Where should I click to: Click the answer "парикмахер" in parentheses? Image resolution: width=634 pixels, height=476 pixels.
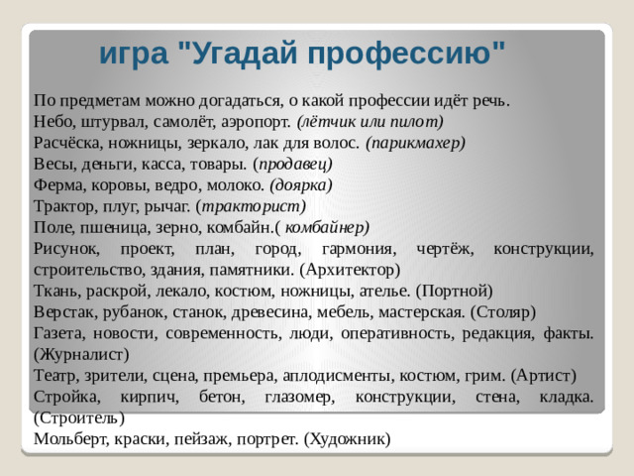(x=416, y=143)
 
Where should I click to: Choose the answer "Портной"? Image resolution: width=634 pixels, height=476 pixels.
(x=453, y=290)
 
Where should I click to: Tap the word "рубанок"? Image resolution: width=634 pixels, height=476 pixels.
(x=130, y=310)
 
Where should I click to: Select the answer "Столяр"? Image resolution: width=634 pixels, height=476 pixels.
(x=500, y=310)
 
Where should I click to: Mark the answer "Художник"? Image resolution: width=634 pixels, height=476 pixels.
(x=348, y=437)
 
